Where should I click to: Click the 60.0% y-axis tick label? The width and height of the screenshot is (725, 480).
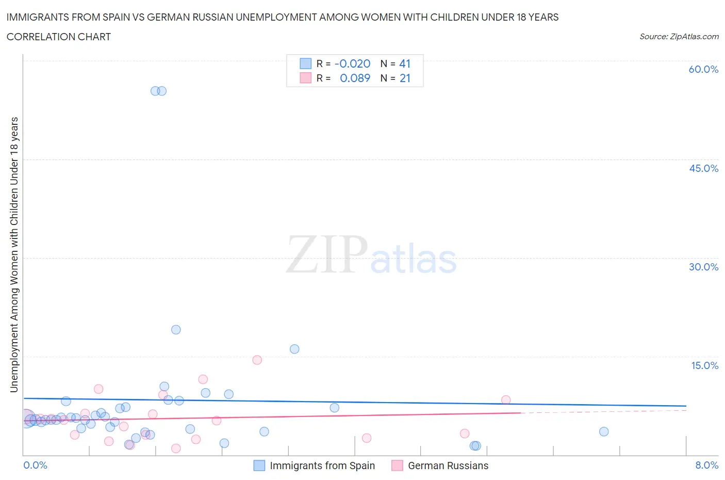pyautogui.click(x=703, y=69)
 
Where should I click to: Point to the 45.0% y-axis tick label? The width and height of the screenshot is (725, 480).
pyautogui.click(x=703, y=168)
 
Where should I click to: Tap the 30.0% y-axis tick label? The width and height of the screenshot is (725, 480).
pyautogui.click(x=703, y=267)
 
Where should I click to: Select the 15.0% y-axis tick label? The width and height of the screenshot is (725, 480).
pyautogui.click(x=704, y=365)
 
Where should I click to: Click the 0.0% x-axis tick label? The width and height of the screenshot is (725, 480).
pyautogui.click(x=35, y=465)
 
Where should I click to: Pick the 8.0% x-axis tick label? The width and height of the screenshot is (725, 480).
pyautogui.click(x=706, y=465)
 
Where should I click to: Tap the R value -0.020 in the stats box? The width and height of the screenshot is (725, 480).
pyautogui.click(x=352, y=63)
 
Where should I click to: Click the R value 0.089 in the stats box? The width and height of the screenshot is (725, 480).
pyautogui.click(x=355, y=78)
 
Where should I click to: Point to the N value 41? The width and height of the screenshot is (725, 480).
pyautogui.click(x=405, y=63)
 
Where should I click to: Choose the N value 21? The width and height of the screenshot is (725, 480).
pyautogui.click(x=405, y=78)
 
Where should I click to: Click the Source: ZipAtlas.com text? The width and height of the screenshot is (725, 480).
pyautogui.click(x=679, y=36)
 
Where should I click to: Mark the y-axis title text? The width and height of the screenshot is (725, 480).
pyautogui.click(x=14, y=254)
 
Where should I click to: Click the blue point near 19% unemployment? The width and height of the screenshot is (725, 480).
pyautogui.click(x=176, y=330)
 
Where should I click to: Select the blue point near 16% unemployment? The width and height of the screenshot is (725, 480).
pyautogui.click(x=294, y=349)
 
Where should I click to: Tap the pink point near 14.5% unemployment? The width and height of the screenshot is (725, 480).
pyautogui.click(x=257, y=360)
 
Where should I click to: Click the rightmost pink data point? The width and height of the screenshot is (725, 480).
pyautogui.click(x=506, y=399)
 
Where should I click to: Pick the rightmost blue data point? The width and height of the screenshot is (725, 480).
pyautogui.click(x=604, y=431)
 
